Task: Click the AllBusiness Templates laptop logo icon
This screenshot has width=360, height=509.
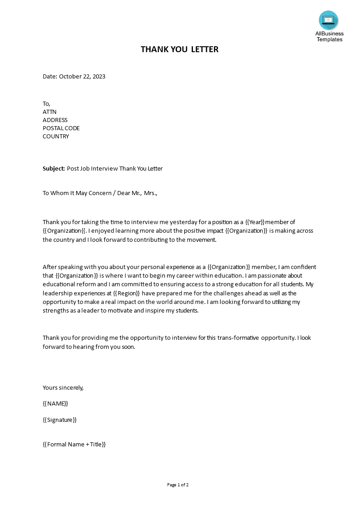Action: (328, 20)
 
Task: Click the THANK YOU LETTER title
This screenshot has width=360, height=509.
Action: (179, 49)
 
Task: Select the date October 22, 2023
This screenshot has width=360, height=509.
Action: (82, 76)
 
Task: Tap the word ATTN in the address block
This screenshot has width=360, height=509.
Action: (49, 112)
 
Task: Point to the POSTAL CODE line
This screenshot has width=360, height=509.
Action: (61, 128)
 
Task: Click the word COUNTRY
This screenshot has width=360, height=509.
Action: (56, 136)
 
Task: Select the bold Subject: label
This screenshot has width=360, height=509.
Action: (54, 168)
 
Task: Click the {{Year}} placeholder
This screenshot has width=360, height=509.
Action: (255, 222)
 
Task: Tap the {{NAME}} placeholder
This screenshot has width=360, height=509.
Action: (55, 403)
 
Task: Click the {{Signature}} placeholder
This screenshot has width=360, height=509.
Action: (59, 420)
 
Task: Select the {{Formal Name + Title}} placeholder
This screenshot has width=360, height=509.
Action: (74, 444)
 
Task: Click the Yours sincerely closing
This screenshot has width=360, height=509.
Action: (63, 387)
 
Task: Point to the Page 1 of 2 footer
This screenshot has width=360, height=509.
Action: (178, 485)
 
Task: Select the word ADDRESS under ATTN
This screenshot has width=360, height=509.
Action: (55, 120)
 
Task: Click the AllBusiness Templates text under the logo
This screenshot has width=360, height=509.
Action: (330, 36)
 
